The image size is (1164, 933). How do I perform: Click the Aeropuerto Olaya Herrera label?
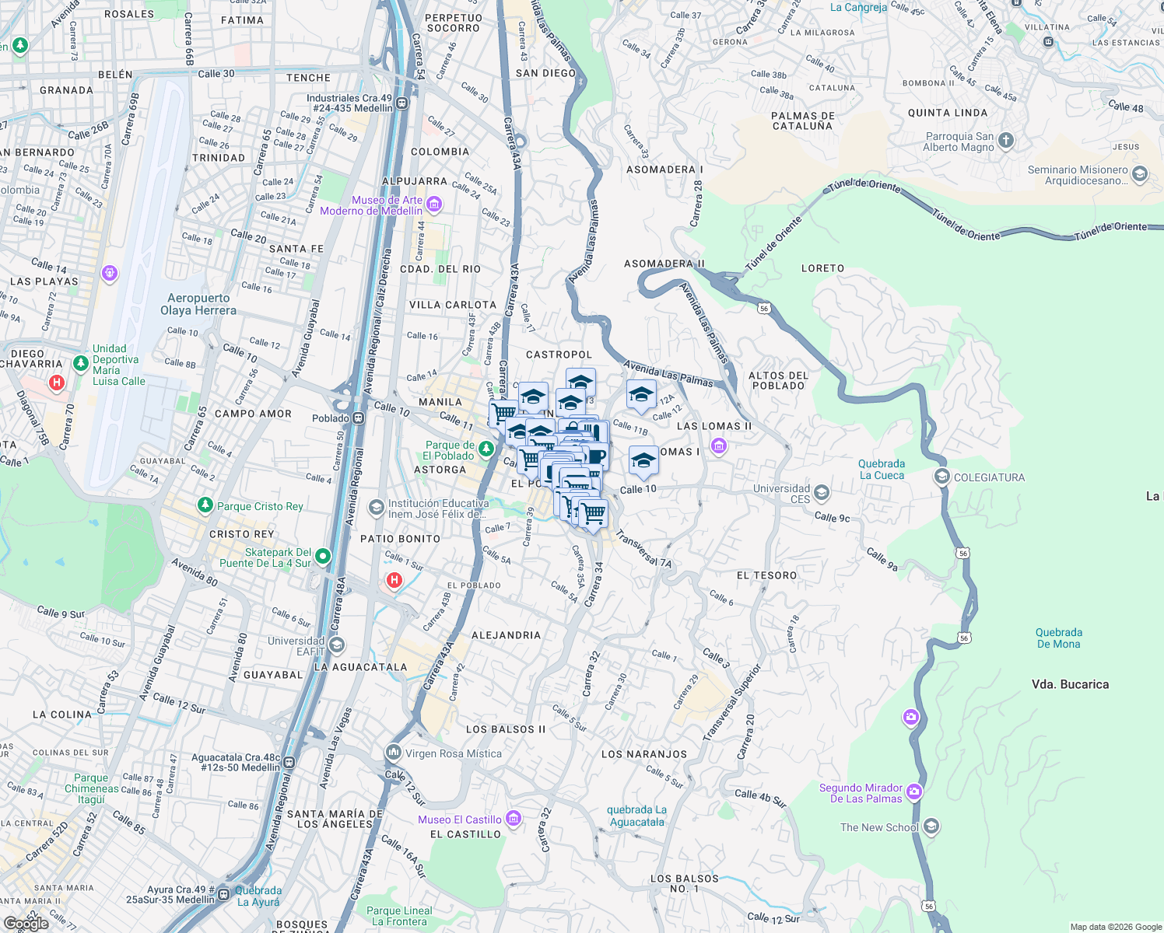[x=198, y=304]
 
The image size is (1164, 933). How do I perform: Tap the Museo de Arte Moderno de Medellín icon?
[x=434, y=204]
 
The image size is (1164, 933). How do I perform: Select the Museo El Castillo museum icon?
[x=513, y=819]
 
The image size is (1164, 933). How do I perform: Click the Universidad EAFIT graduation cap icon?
[x=337, y=645]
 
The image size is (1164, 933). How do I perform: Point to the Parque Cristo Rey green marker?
[x=205, y=505]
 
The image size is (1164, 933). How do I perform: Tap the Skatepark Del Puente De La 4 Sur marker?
[x=323, y=556]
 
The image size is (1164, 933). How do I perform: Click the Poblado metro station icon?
[x=358, y=418]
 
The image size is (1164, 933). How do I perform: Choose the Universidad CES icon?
[x=821, y=493]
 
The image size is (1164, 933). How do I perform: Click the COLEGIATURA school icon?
[x=942, y=477]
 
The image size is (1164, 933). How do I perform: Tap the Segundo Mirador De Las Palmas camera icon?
[x=914, y=792]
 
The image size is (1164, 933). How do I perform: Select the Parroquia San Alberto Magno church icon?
[x=1006, y=141]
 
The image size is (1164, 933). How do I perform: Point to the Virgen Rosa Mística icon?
[x=394, y=753]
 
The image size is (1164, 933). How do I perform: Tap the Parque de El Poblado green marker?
[x=486, y=449]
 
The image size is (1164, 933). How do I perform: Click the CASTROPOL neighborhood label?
[x=559, y=355]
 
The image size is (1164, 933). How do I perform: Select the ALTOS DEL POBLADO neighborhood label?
[x=778, y=380]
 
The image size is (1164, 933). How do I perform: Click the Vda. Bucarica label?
[x=1070, y=684]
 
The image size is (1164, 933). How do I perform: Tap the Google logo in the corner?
[x=26, y=923]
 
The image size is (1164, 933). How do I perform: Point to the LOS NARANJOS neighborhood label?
[x=644, y=754]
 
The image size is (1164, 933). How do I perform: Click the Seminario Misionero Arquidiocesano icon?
[x=1140, y=174]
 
